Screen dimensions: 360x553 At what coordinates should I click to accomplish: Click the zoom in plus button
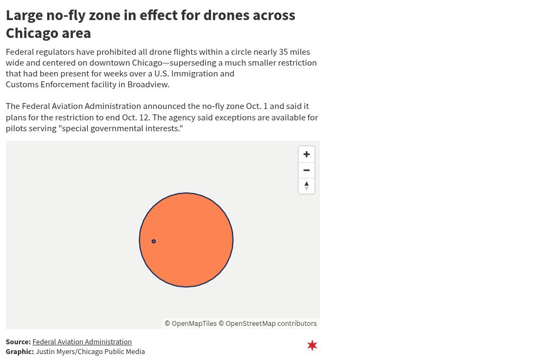306,155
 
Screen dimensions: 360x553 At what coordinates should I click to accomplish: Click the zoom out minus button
306,170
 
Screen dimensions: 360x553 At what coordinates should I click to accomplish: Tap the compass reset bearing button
306,186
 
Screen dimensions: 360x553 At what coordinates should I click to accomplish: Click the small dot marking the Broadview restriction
153,241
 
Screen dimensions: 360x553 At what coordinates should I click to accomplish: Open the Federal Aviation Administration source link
82,342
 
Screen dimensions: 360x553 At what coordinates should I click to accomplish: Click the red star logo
312,345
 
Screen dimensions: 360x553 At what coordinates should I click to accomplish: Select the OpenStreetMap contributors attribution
268,324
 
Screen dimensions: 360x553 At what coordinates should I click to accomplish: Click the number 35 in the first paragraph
284,52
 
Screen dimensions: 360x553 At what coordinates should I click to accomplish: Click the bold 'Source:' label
18,342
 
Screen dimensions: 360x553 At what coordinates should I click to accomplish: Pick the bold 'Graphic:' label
20,351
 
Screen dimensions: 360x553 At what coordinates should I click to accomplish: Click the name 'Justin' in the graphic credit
46,351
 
